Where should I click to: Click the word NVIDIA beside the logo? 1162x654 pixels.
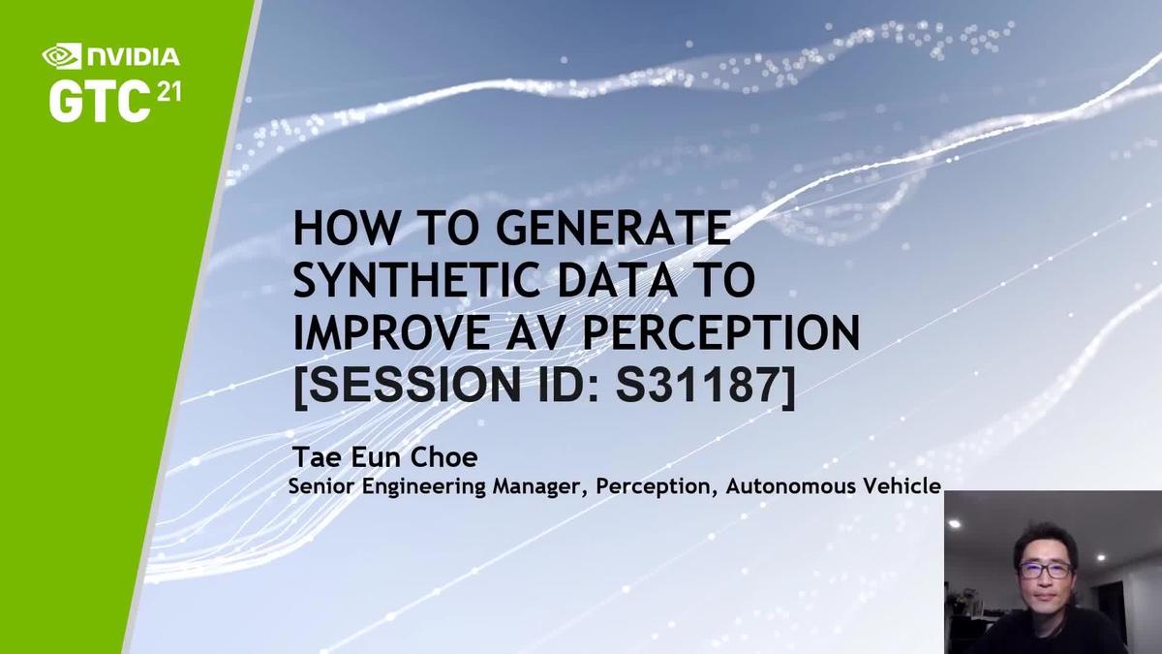(x=132, y=57)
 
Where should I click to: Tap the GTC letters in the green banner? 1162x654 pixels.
(x=98, y=101)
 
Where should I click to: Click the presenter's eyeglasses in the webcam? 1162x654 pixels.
(x=1044, y=571)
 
